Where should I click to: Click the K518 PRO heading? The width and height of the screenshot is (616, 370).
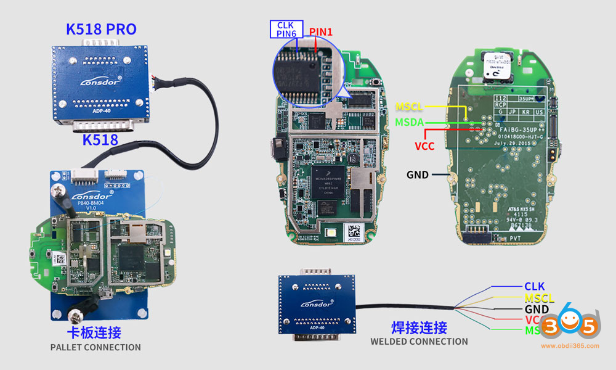pos(101,29)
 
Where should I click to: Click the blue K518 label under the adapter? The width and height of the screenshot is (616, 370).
pos(100,140)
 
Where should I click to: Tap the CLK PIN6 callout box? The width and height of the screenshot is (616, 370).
pos(286,29)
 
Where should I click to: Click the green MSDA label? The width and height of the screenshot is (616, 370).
pos(410,122)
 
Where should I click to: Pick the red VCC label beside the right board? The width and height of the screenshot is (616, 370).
pos(424,147)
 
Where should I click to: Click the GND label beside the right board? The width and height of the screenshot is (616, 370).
pos(418,175)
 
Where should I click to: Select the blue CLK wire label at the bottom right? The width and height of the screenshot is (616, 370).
pos(534,286)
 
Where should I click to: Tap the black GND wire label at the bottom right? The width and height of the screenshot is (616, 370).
pos(537,309)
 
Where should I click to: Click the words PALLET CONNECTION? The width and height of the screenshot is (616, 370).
pos(95,347)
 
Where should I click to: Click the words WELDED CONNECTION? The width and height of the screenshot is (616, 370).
pos(419,342)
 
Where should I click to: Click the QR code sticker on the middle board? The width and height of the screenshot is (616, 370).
pos(355,231)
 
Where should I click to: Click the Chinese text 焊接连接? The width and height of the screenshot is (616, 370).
pos(419,327)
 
